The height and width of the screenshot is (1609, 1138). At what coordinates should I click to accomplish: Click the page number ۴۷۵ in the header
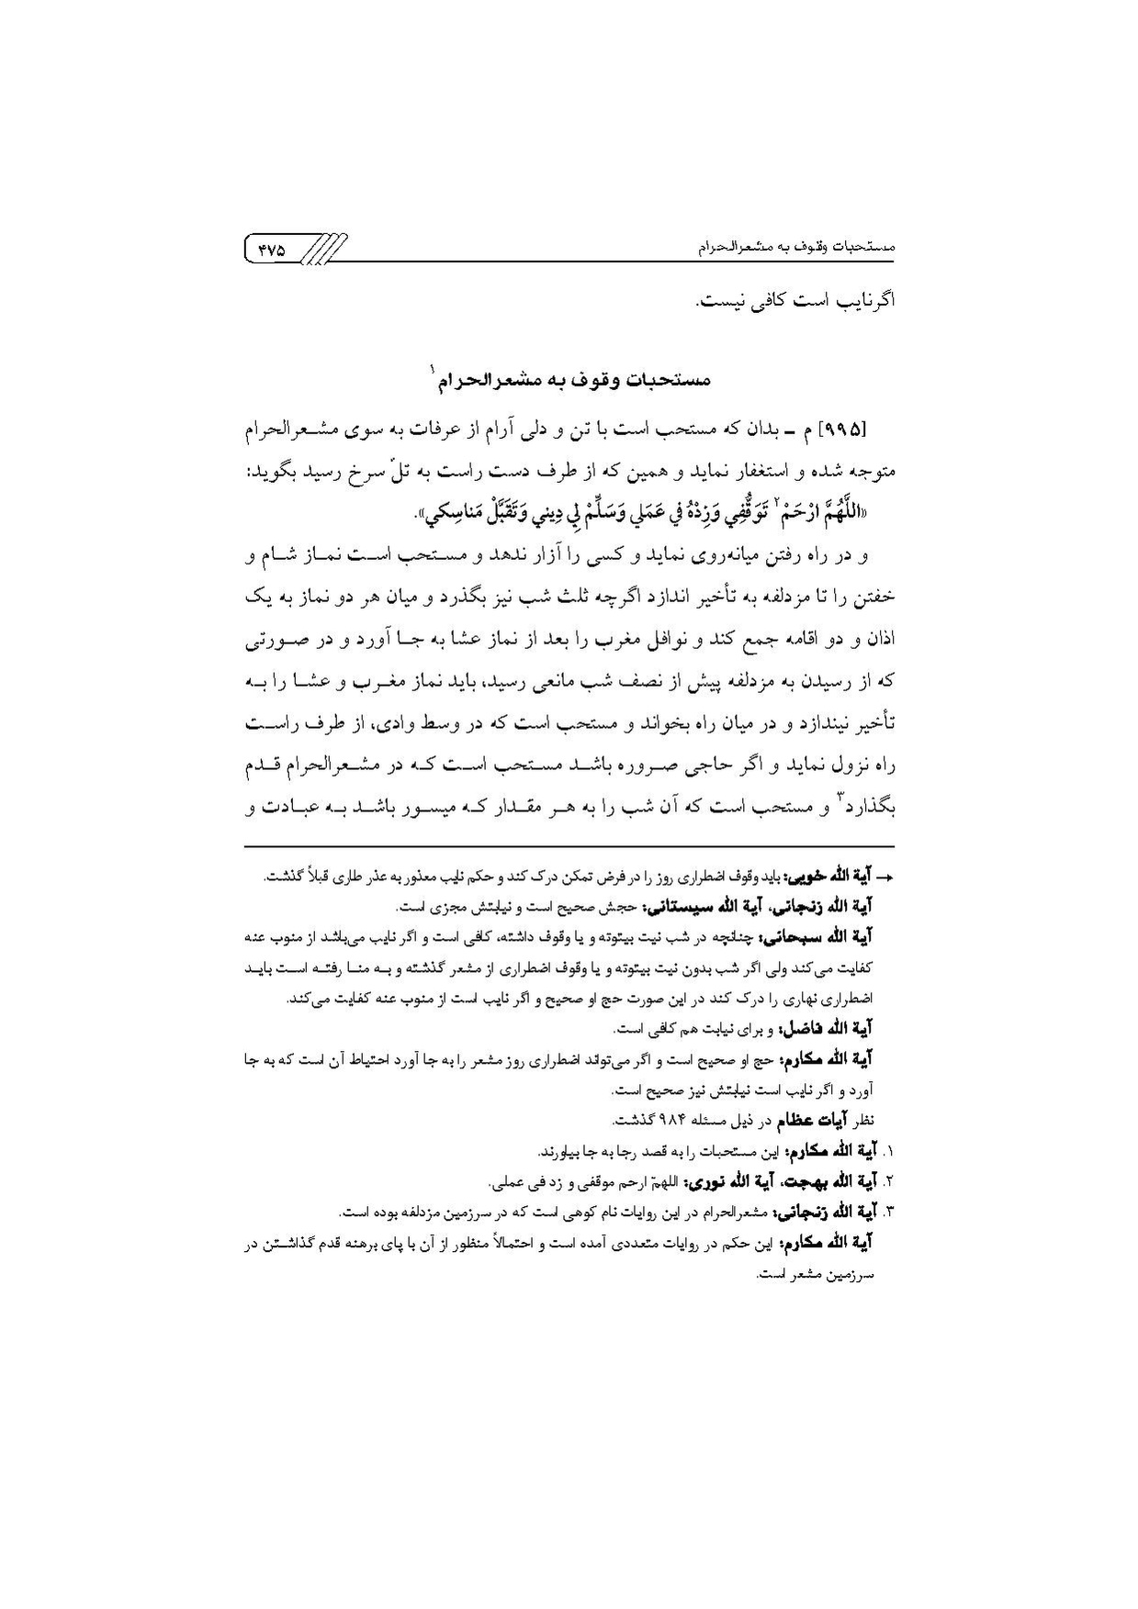tap(272, 249)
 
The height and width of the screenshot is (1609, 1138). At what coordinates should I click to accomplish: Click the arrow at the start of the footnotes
tap(884, 877)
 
